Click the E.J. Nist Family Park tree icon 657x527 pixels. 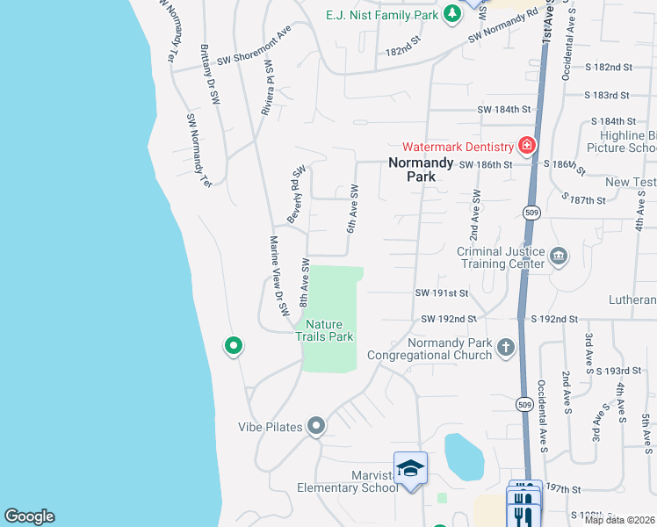pyautogui.click(x=451, y=13)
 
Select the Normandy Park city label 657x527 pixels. pyautogui.click(x=421, y=169)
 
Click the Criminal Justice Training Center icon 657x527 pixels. pyautogui.click(x=558, y=257)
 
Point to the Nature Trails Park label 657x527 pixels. pyautogui.click(x=324, y=330)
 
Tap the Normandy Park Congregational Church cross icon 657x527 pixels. pyautogui.click(x=505, y=348)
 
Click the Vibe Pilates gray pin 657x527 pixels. pyautogui.click(x=316, y=427)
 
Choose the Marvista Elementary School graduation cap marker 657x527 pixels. pyautogui.click(x=410, y=470)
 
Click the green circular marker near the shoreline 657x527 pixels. pyautogui.click(x=233, y=346)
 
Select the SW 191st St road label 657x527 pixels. pyautogui.click(x=442, y=292)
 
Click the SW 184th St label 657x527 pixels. pyautogui.click(x=504, y=110)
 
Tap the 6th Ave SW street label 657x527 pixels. pyautogui.click(x=353, y=208)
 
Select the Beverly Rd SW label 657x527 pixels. pyautogui.click(x=295, y=193)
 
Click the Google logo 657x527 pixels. pyautogui.click(x=29, y=516)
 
